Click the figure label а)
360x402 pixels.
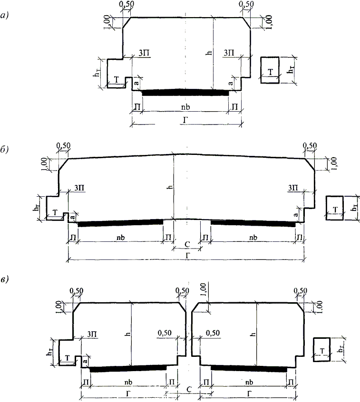pos(5,16)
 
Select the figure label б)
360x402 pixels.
pos(5,150)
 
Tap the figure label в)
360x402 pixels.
pos(5,279)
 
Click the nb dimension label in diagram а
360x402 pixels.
pos(185,107)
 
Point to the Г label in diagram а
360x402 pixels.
pos(185,120)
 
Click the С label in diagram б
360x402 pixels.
pos(187,244)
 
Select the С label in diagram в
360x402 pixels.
pos(189,390)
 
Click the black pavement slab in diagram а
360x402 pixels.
pos(185,92)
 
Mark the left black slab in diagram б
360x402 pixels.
pos(120,223)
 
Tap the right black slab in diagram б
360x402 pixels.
pos(253,223)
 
